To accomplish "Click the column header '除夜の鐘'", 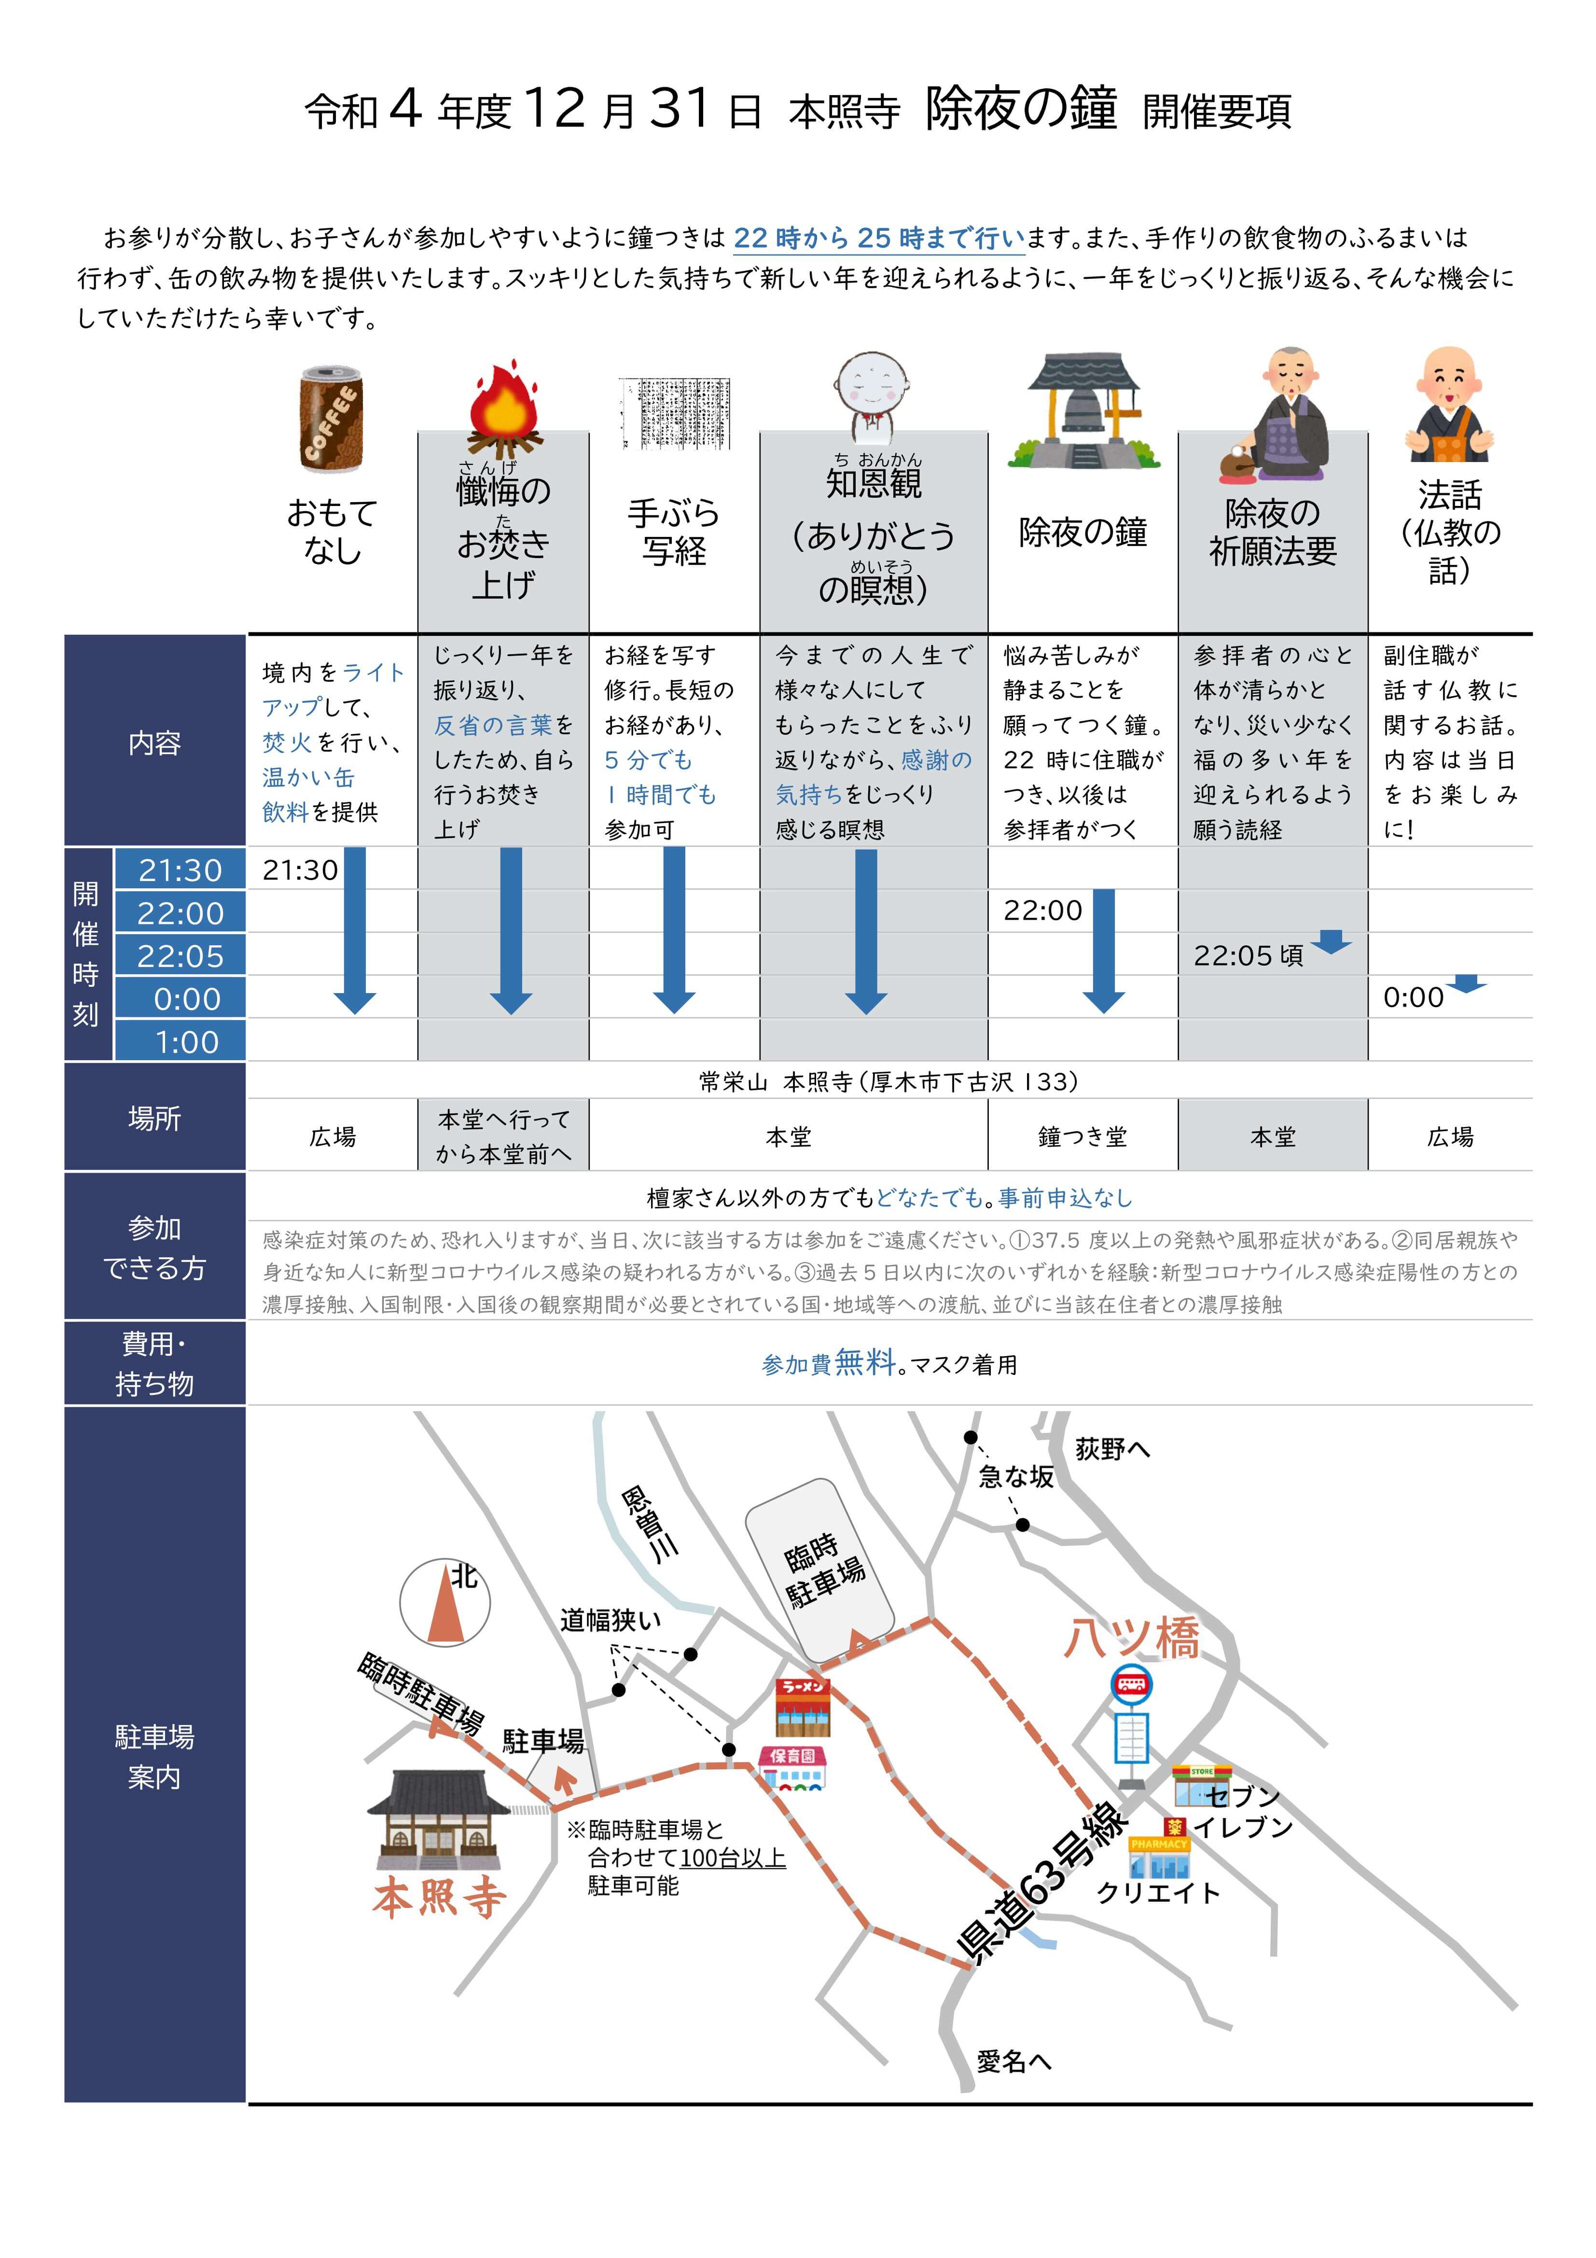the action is (x=1083, y=532).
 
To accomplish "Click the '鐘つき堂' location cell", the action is (x=1083, y=1137).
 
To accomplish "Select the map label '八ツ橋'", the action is (x=1132, y=1639).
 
